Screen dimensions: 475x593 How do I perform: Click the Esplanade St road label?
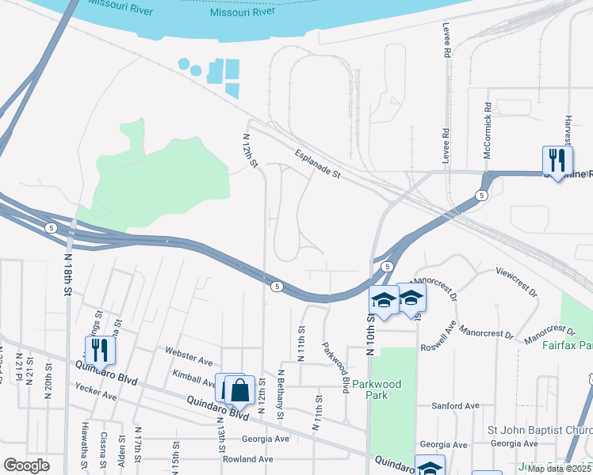point(316,165)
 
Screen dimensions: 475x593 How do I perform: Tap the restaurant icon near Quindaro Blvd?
point(101,349)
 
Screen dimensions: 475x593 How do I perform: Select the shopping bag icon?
point(239,389)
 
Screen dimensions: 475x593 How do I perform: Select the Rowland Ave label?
point(248,459)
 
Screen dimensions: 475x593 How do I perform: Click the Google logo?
point(26,465)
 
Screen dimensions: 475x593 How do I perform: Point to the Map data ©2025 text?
point(560,469)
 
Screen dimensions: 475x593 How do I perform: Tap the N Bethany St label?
point(280,393)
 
